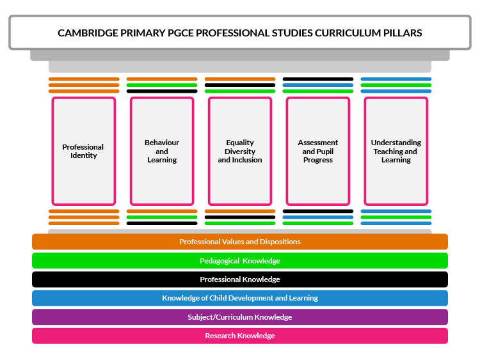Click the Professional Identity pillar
[x=83, y=151]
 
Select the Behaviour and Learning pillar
[x=162, y=151]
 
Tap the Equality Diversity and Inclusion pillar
[x=240, y=151]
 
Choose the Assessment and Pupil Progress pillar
[x=318, y=151]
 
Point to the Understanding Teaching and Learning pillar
[x=396, y=151]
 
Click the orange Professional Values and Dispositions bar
[x=240, y=242]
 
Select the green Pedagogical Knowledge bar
[x=240, y=261]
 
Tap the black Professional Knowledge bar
[x=240, y=279]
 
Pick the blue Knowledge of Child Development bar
[x=240, y=298]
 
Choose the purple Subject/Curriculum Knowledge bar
[x=240, y=317]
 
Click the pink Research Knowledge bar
[x=240, y=336]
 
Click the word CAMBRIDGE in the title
[x=86, y=33]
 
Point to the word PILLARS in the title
[x=399, y=33]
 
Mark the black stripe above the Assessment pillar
[x=318, y=79]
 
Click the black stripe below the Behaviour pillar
[x=162, y=223]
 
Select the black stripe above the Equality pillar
[x=240, y=85]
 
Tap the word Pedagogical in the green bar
[x=221, y=261]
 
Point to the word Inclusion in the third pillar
[x=248, y=160]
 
